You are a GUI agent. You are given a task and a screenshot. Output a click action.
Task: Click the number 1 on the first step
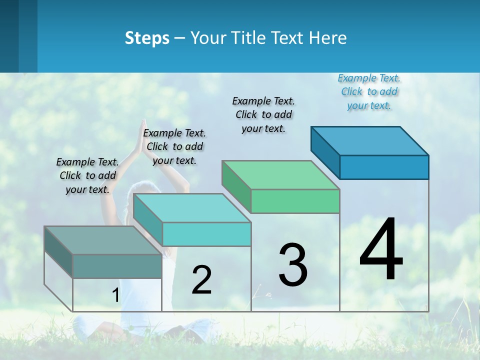click(x=115, y=295)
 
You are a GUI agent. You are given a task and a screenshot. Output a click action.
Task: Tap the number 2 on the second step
click(x=201, y=280)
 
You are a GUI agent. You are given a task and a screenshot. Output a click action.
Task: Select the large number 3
click(x=293, y=265)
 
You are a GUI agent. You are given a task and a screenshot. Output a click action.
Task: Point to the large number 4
click(x=381, y=250)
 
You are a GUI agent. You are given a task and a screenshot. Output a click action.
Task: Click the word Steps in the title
click(x=147, y=38)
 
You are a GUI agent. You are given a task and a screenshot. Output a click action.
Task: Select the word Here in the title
click(x=328, y=38)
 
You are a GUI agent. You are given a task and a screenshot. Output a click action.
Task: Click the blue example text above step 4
click(x=369, y=91)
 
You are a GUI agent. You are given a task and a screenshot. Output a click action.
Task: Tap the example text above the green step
click(x=263, y=114)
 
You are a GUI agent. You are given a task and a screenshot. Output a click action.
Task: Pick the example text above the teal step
click(x=174, y=146)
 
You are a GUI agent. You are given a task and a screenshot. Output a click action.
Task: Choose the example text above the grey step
click(x=87, y=175)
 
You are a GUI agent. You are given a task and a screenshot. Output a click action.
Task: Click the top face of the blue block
click(x=370, y=141)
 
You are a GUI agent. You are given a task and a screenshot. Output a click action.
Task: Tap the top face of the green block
click(x=281, y=175)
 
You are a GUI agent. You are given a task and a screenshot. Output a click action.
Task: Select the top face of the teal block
click(x=192, y=208)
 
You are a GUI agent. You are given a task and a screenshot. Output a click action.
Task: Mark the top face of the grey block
click(x=103, y=240)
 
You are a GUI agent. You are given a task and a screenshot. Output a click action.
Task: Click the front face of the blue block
click(x=384, y=167)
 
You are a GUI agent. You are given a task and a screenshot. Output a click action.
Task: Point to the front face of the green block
click(x=295, y=201)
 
